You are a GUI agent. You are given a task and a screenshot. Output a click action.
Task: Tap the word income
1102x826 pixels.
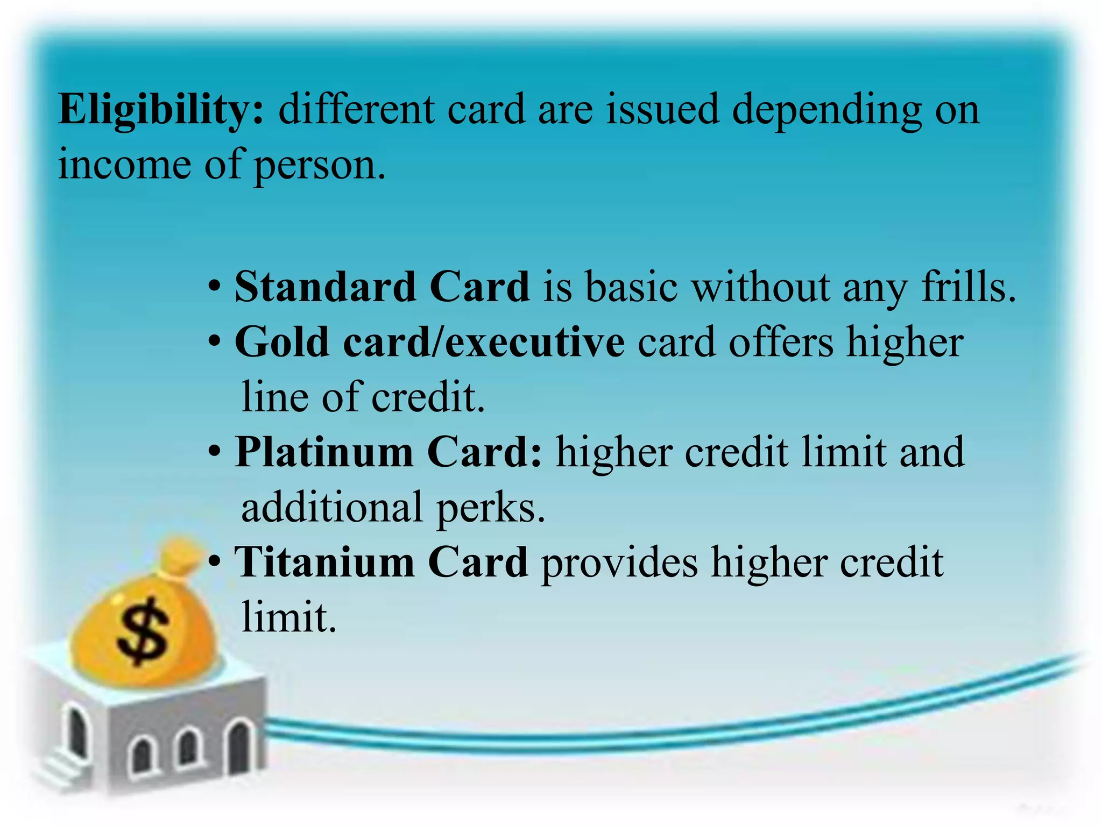[x=124, y=164]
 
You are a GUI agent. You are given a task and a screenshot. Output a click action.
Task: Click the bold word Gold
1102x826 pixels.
[x=282, y=342]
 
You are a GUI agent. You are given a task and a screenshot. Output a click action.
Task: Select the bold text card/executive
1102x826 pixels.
[x=483, y=342]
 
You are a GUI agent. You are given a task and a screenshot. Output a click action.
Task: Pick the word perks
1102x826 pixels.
[x=490, y=507]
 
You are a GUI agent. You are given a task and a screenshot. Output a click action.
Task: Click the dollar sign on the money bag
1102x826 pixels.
[x=143, y=631]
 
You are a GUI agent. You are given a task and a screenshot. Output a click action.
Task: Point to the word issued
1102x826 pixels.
[x=662, y=110]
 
